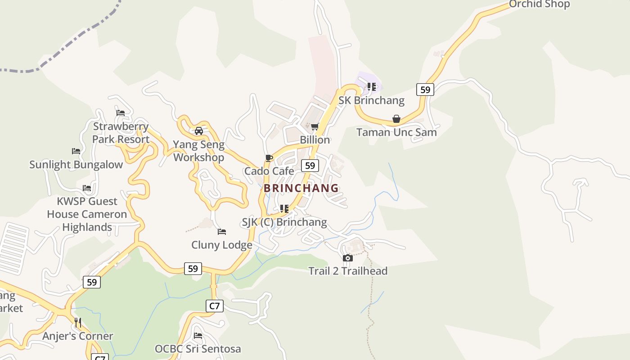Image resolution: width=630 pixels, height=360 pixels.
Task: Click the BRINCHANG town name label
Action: [x=301, y=188]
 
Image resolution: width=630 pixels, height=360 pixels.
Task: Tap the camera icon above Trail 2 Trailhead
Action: [x=347, y=258]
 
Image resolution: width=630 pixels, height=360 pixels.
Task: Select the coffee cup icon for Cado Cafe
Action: [x=269, y=158]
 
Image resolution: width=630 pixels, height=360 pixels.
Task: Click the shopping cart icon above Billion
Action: [x=315, y=126]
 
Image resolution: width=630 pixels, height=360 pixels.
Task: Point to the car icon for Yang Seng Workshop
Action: [x=198, y=131]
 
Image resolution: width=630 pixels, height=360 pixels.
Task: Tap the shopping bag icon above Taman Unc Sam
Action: [x=396, y=119]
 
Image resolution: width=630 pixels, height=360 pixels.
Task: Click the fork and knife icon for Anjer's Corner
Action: [x=78, y=323]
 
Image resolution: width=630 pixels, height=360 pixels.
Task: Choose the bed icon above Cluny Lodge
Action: [x=221, y=232]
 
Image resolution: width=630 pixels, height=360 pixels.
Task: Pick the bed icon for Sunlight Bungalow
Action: [x=76, y=151]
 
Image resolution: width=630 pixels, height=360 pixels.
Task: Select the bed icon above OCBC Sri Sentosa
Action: [x=198, y=336]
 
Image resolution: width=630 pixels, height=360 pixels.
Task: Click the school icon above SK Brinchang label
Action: [x=371, y=86]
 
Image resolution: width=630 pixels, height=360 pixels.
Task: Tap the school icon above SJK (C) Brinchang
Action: [x=284, y=209]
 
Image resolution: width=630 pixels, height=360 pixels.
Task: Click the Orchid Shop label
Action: [x=539, y=4]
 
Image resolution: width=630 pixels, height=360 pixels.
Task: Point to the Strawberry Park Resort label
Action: [x=121, y=133]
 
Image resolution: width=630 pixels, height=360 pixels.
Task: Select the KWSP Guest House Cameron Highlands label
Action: [x=87, y=214]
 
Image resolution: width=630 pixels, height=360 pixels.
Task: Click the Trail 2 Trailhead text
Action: [x=347, y=271]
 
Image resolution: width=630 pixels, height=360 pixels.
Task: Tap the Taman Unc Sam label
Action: [x=396, y=132]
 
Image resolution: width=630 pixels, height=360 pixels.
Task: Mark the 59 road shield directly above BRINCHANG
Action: [x=310, y=166]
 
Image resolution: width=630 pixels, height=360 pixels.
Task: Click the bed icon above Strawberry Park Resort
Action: [x=120, y=113]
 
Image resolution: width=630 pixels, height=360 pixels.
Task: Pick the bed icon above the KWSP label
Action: [x=87, y=188]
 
